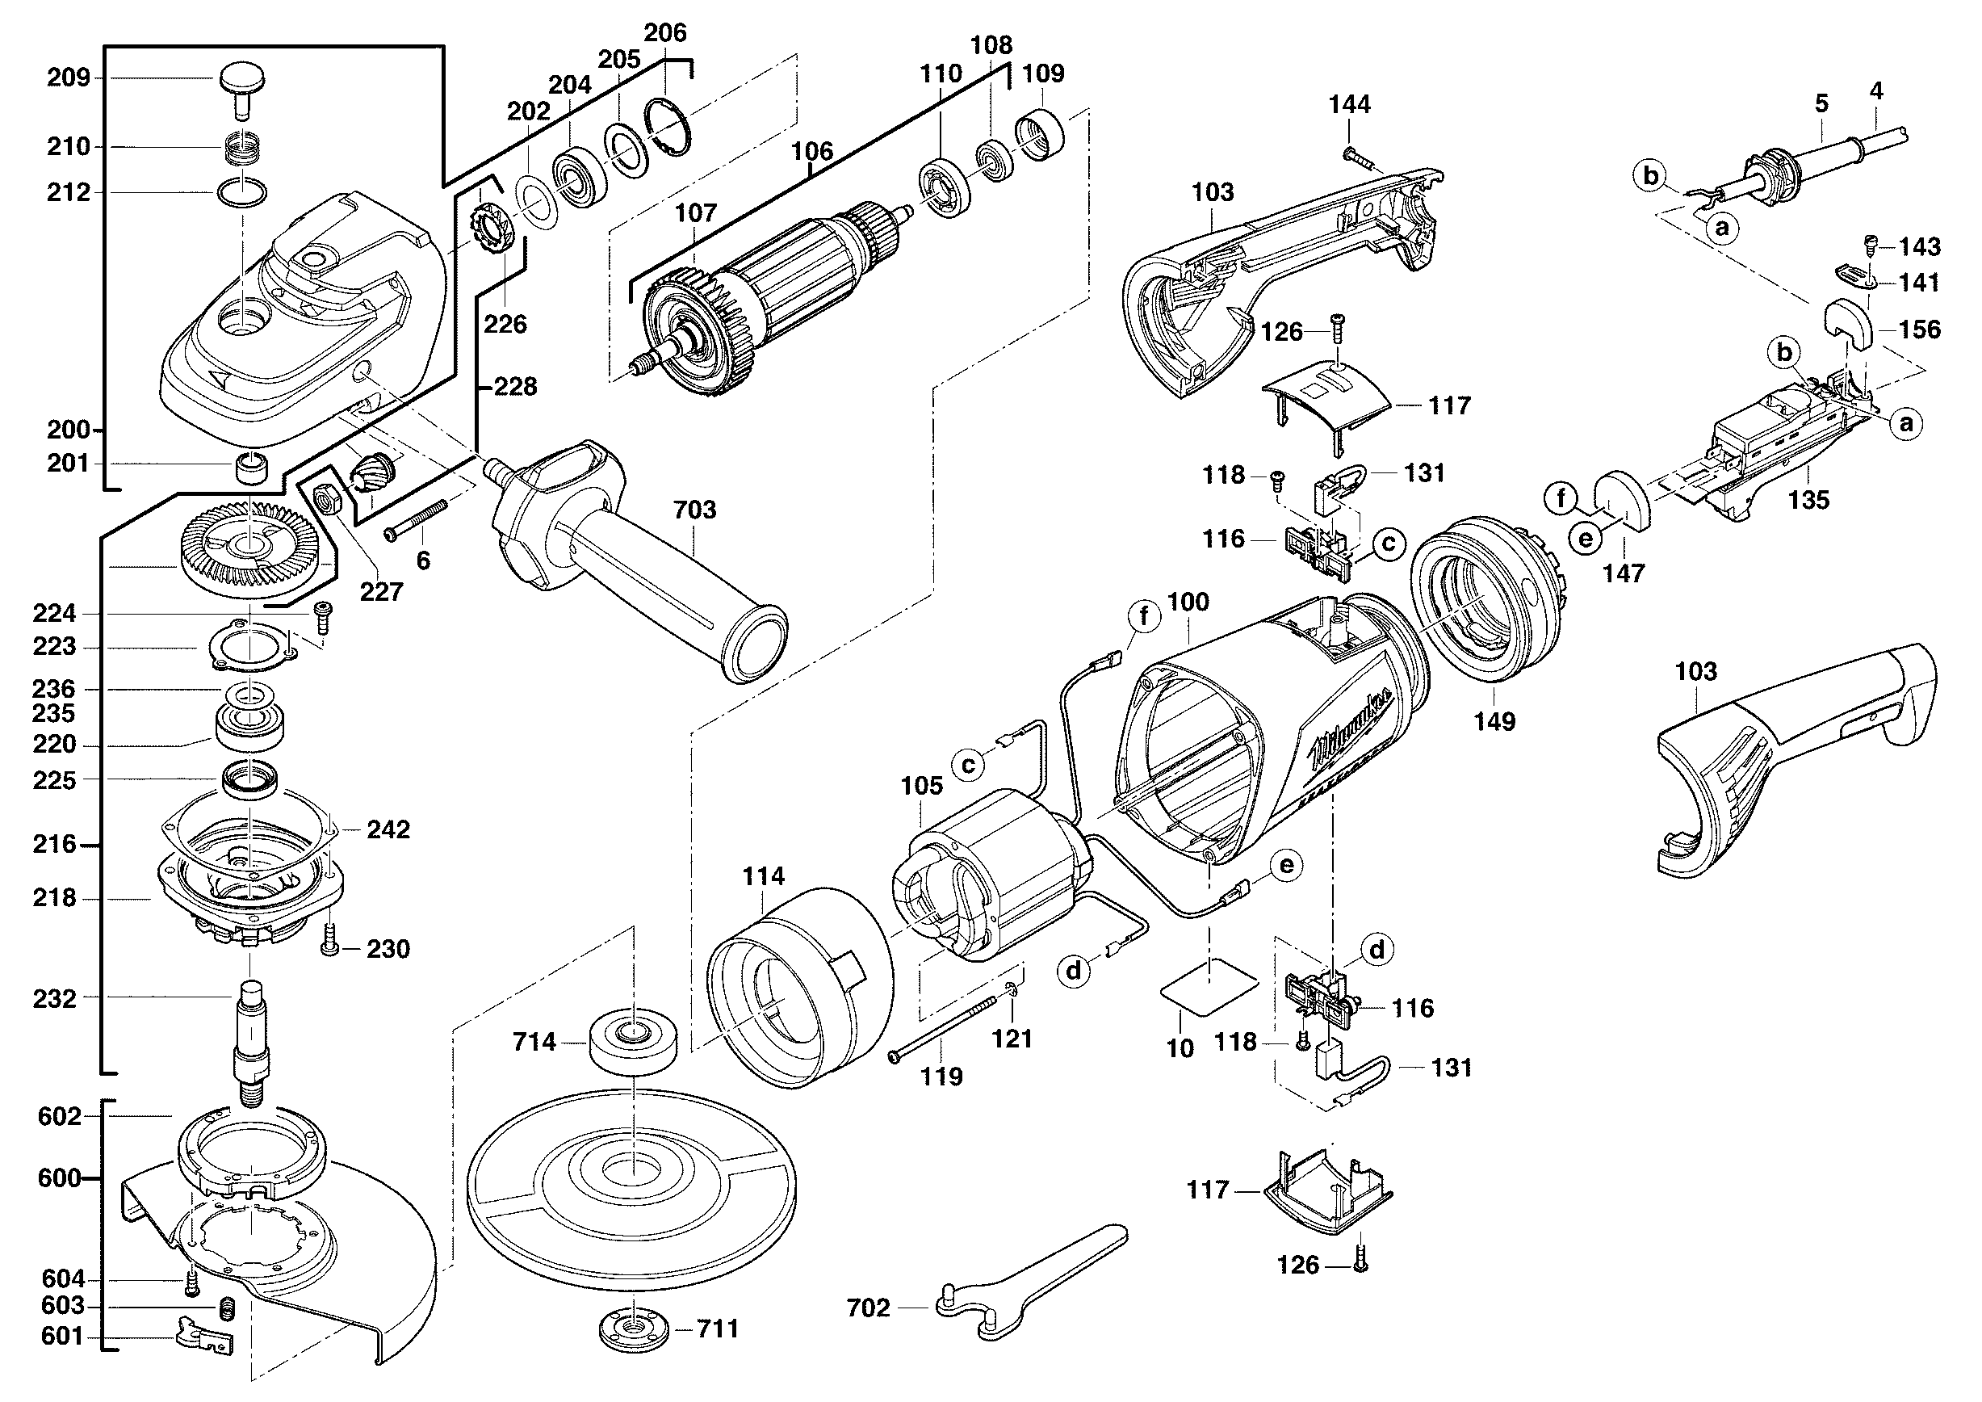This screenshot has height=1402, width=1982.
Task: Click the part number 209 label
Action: pos(68,78)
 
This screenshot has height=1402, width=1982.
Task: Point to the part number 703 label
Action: pos(695,510)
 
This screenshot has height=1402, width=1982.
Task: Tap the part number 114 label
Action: pos(763,877)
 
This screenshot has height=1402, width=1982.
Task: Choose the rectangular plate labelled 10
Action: pos(1209,988)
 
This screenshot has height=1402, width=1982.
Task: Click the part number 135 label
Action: pos(1808,500)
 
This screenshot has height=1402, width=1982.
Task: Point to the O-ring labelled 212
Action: pos(242,191)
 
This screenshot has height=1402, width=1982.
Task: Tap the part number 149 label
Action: pos(1494,722)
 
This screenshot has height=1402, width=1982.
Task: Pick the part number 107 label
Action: pos(696,212)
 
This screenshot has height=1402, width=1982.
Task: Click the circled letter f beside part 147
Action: pos(1561,498)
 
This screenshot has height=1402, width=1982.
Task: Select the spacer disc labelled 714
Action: pos(633,1043)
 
